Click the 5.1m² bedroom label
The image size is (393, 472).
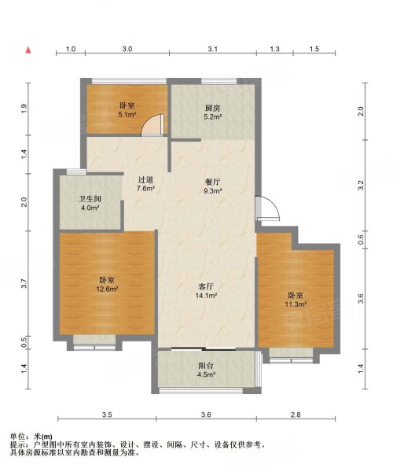click(126, 109)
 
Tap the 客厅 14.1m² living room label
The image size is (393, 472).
click(206, 291)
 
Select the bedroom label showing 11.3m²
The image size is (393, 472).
click(296, 299)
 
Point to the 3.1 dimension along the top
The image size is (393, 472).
click(211, 49)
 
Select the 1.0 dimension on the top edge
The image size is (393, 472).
click(70, 49)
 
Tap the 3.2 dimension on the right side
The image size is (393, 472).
click(361, 186)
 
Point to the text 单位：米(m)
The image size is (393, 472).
click(31, 436)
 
